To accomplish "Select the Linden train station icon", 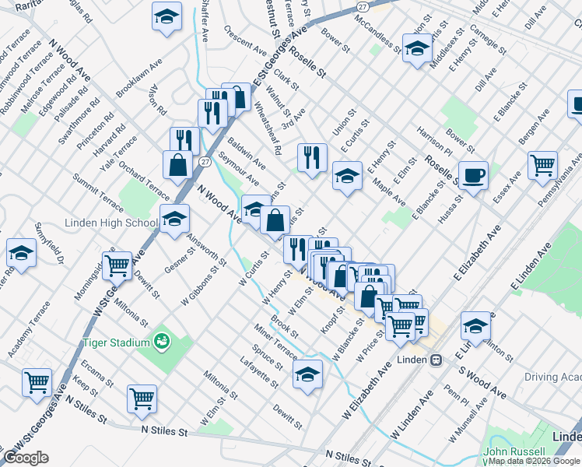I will pos(436,360).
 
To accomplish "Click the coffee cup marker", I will pos(473,175).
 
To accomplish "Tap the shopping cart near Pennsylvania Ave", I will pos(542,164).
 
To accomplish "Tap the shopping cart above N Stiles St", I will pos(142,399).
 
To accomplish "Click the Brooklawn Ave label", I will pos(138,78).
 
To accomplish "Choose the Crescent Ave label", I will pos(244,40).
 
